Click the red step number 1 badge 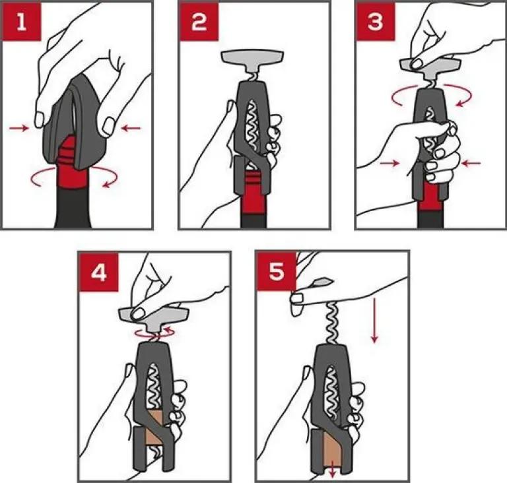pos(21,21)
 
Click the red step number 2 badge pos(199,21)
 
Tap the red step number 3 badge pos(375,21)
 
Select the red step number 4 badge pos(98,273)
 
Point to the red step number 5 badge pos(277,271)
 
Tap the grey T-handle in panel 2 pos(252,61)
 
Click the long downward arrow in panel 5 pos(374,320)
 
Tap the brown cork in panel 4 pos(154,428)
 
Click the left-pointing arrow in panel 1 pos(131,129)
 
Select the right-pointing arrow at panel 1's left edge pos(19,129)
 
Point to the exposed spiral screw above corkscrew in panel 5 pos(333,322)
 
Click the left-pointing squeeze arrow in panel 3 pos(471,164)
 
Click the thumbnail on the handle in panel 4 pos(139,313)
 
